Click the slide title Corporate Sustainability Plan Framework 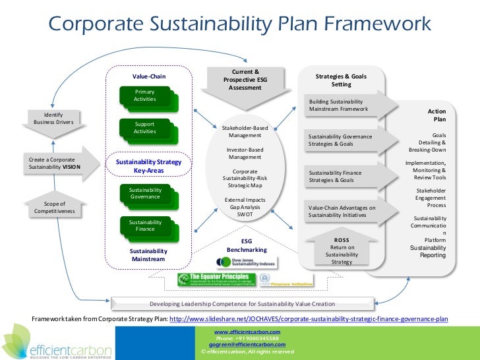(x=239, y=24)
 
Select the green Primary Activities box (x=145, y=96)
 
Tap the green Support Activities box (x=145, y=127)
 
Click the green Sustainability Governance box (x=145, y=193)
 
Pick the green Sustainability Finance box (x=145, y=225)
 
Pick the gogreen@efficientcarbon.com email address (x=247, y=344)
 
